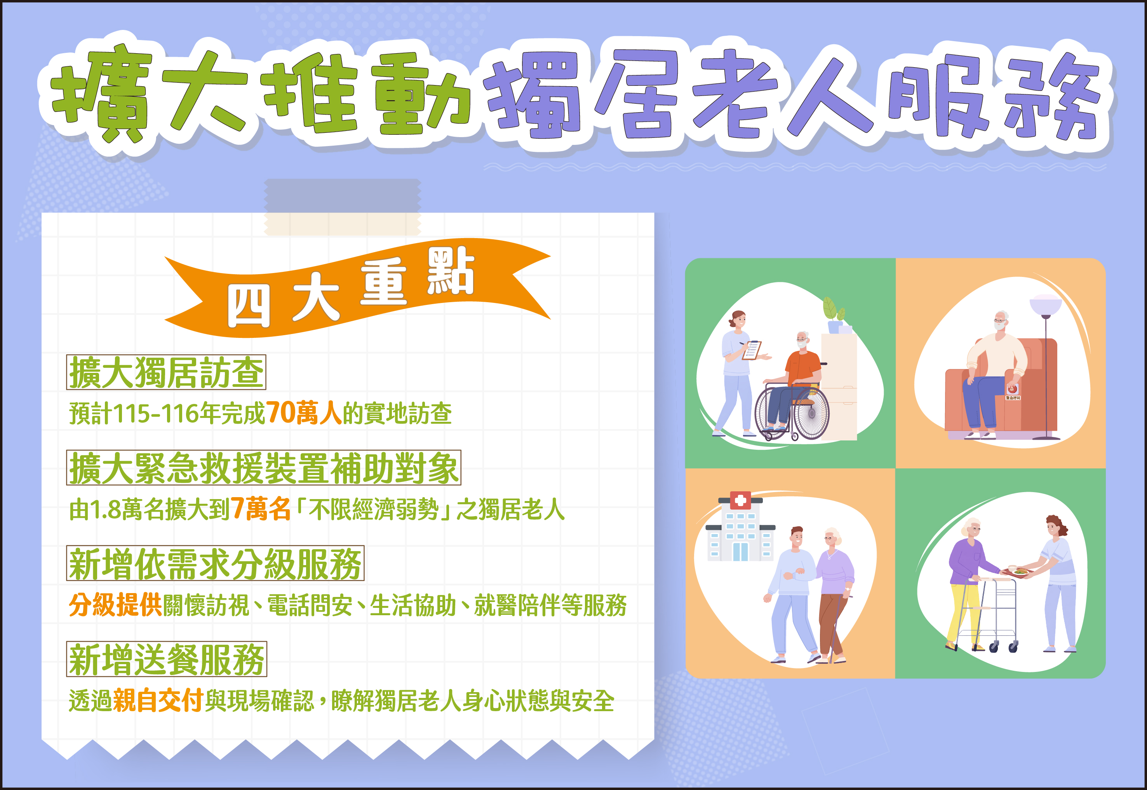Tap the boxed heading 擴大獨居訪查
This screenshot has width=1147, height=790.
pos(166,372)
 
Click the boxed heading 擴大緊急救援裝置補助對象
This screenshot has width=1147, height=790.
pos(264,468)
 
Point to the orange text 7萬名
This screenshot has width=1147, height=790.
pos(260,509)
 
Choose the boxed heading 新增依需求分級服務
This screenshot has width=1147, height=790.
pos(215,563)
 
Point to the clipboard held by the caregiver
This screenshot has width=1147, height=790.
pos(752,350)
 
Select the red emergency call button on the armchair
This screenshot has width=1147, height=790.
pos(1012,390)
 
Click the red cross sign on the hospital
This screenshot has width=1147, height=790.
pos(741,500)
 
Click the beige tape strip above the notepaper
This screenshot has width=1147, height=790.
pos(342,207)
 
